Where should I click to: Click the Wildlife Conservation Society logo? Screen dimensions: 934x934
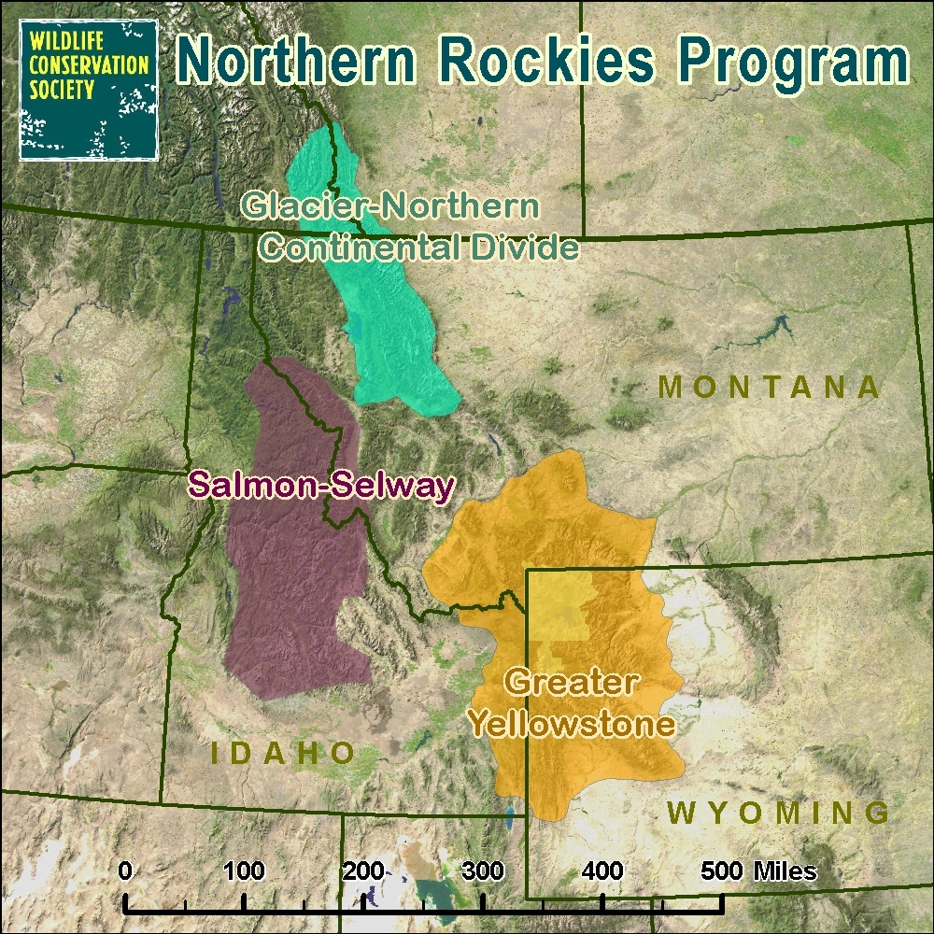pos(89,90)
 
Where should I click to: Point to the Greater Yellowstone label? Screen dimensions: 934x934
pos(572,702)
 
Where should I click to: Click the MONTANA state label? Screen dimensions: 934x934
pos(770,387)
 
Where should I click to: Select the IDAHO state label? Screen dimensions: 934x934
pos(281,753)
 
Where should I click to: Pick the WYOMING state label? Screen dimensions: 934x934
pos(779,812)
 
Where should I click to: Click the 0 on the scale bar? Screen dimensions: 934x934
pos(125,871)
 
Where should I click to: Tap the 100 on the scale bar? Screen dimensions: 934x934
pos(244,871)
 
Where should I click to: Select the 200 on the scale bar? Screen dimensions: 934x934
pos(363,871)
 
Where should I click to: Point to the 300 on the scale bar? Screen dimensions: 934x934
pos(483,871)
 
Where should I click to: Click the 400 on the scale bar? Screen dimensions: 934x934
pos(602,871)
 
